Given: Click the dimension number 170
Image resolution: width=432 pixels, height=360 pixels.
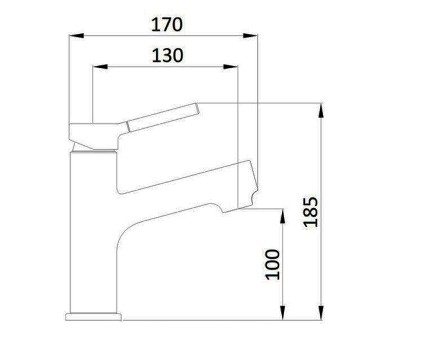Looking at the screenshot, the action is (167, 24).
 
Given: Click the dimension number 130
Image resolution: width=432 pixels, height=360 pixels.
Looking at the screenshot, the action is (168, 55).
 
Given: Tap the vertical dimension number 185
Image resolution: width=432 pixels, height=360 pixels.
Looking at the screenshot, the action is (310, 212).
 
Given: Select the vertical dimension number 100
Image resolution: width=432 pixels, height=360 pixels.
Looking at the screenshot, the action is (273, 265).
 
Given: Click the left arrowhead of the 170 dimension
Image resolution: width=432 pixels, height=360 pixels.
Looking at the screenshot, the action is (76, 36).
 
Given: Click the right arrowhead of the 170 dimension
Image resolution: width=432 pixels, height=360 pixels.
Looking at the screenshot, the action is (250, 36).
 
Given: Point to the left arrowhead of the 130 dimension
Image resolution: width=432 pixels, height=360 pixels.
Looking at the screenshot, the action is (100, 67).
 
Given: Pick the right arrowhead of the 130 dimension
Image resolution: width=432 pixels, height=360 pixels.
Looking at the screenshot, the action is (230, 67).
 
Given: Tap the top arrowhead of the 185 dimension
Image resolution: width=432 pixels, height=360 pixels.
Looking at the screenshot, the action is (321, 110).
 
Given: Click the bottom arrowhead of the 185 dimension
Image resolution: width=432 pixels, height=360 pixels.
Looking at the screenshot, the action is (321, 312).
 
